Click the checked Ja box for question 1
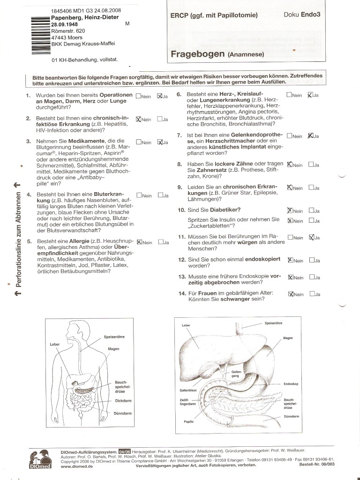(x=160, y=96)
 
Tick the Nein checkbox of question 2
(x=138, y=119)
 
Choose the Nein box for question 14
(x=291, y=294)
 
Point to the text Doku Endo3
(x=302, y=15)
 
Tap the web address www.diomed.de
(x=77, y=467)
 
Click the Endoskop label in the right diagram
(x=291, y=384)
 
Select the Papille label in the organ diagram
(x=189, y=422)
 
